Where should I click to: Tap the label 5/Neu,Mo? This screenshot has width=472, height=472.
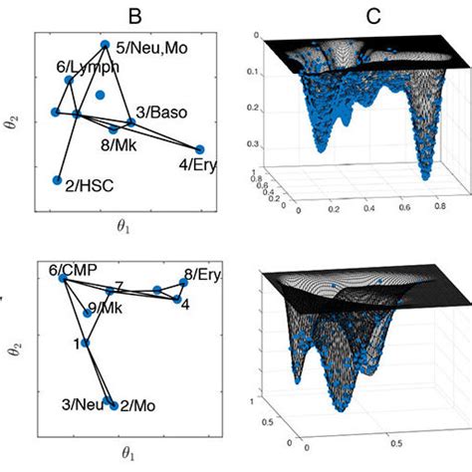point(147,46)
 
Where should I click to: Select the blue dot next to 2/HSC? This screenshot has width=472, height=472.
point(57,180)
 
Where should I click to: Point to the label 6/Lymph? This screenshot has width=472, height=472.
point(89,66)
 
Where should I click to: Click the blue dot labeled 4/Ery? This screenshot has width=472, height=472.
point(200,149)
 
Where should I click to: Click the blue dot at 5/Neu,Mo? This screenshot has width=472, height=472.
point(105,44)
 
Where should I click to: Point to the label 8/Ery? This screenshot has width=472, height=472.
point(201,274)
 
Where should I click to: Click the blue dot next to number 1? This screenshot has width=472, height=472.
point(85,344)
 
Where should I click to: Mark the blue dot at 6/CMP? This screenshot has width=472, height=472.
point(62,280)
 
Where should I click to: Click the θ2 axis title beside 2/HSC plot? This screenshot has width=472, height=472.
point(14,122)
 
